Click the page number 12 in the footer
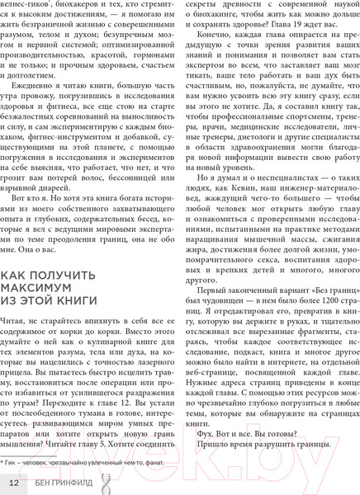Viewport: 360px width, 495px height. pyautogui.click(x=13, y=482)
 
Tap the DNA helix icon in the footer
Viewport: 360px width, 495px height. pyautogui.click(x=36, y=482)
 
